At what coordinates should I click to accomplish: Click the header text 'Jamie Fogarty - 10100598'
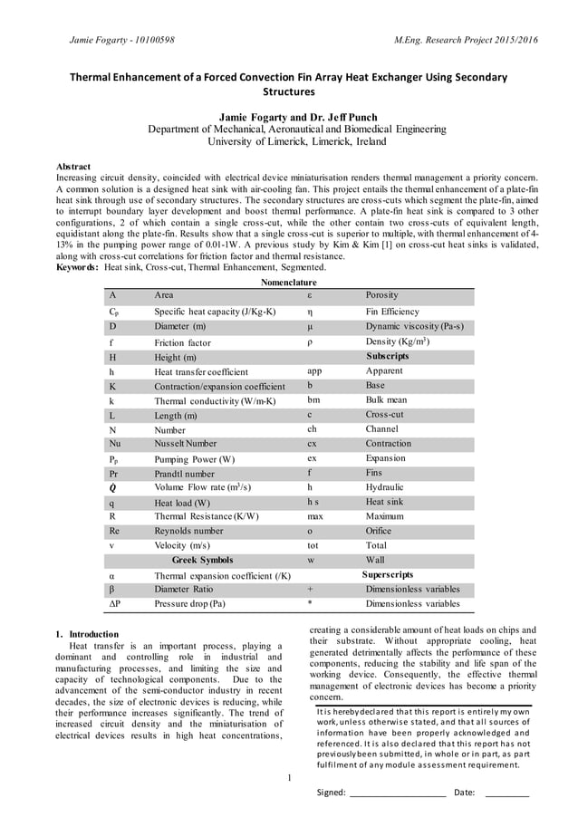pos(122,41)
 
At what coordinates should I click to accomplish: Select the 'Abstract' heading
pos(74,168)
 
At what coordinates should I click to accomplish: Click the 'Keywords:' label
pos(79,267)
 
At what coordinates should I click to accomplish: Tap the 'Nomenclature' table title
pos(288,283)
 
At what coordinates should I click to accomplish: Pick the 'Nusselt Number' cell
pos(186,444)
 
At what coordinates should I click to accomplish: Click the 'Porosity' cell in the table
pos(381,295)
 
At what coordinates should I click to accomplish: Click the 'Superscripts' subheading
pos(387,574)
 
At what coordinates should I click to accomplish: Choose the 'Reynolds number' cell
pos(188,531)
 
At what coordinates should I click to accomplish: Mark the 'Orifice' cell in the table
pos(379,531)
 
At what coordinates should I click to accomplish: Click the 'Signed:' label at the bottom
pos(331,793)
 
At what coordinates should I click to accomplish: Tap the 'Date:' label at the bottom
pos(464,793)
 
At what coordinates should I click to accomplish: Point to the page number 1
pos(288,777)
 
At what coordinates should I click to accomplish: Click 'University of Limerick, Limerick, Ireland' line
pos(296,142)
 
